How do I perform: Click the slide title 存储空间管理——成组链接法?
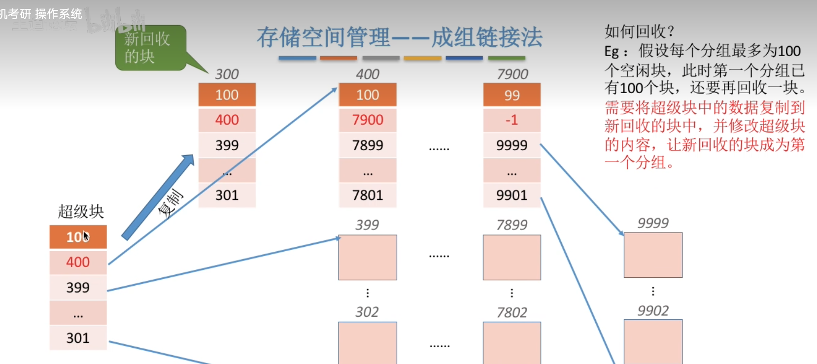[x=399, y=37]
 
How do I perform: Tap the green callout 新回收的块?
[x=150, y=48]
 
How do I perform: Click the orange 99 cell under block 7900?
[x=511, y=95]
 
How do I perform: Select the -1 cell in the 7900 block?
[x=511, y=120]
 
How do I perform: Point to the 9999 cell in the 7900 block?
[x=511, y=145]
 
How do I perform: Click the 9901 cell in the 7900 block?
[x=511, y=196]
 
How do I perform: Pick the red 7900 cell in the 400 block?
[x=368, y=120]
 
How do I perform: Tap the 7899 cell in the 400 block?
[x=368, y=145]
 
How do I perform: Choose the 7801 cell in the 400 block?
[x=368, y=196]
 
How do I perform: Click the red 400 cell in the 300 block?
[x=227, y=120]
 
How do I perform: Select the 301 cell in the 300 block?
[x=227, y=196]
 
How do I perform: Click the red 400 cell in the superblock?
[x=78, y=262]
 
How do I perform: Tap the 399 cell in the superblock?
[x=78, y=288]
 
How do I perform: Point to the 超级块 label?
[x=81, y=212]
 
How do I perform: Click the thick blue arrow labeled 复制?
[x=158, y=197]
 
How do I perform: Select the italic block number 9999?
[x=653, y=223]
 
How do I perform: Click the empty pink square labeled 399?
[x=368, y=257]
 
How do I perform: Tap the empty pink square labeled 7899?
[x=511, y=257]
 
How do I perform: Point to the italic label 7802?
[x=511, y=312]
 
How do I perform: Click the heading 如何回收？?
[x=639, y=32]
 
